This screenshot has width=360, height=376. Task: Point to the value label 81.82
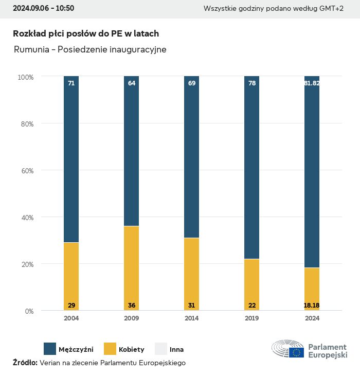pyautogui.click(x=312, y=83)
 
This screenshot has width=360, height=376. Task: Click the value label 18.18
pyautogui.click(x=312, y=306)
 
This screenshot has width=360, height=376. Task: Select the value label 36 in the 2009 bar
pyautogui.click(x=132, y=306)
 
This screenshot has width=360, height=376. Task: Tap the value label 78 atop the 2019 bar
pyautogui.click(x=252, y=83)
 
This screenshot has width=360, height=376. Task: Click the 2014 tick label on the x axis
pyautogui.click(x=192, y=318)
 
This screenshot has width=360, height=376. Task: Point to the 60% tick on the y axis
pyautogui.click(x=26, y=171)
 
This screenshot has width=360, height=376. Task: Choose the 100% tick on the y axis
pyautogui.click(x=25, y=77)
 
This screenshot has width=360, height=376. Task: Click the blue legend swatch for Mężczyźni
pyautogui.click(x=50, y=349)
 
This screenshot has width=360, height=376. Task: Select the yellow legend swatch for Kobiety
pyautogui.click(x=110, y=349)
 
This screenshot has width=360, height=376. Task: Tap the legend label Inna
pyautogui.click(x=176, y=350)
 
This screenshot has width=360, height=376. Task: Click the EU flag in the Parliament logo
pyautogui.click(x=296, y=352)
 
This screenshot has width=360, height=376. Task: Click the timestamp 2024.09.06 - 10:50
pyautogui.click(x=43, y=8)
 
